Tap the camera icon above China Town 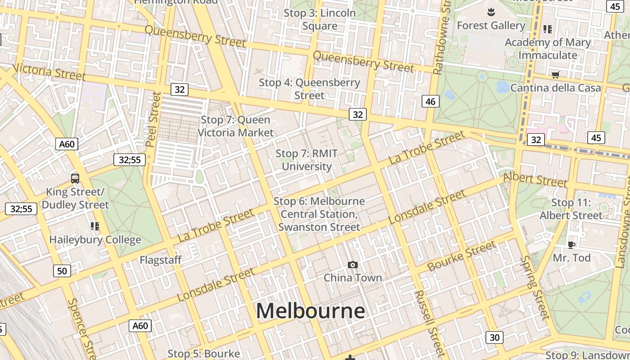(x=353, y=265)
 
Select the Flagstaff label (x=161, y=260)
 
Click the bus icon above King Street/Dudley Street (x=75, y=179)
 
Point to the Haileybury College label (x=95, y=240)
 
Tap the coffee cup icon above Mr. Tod (x=571, y=245)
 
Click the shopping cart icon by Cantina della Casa (x=555, y=75)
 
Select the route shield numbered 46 (x=431, y=101)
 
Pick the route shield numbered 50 (x=62, y=271)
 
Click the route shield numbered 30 (x=494, y=337)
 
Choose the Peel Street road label (x=153, y=119)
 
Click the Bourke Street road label (x=461, y=256)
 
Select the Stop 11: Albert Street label (x=571, y=209)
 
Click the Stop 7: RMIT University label (x=306, y=160)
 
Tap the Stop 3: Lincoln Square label (x=319, y=19)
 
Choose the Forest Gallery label (x=491, y=26)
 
